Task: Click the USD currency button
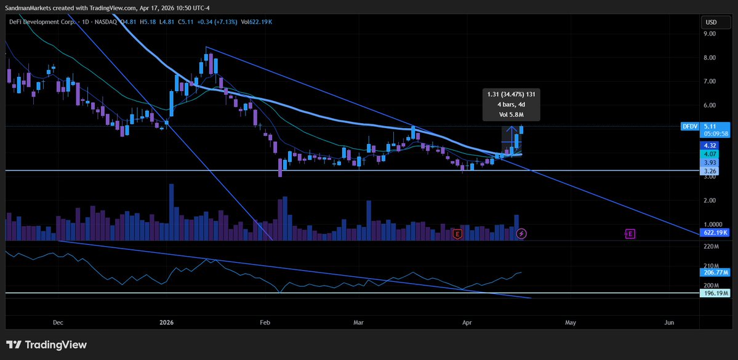click(712, 22)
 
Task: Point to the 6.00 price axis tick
click(710, 105)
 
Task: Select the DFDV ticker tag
click(689, 126)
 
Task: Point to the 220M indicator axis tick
click(710, 247)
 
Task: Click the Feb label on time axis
click(265, 322)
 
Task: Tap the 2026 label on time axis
click(167, 322)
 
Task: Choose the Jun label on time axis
click(670, 322)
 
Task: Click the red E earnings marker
click(457, 234)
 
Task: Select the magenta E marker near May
click(630, 234)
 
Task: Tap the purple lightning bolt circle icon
click(521, 234)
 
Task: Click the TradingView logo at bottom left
click(47, 345)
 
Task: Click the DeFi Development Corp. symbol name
click(44, 22)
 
